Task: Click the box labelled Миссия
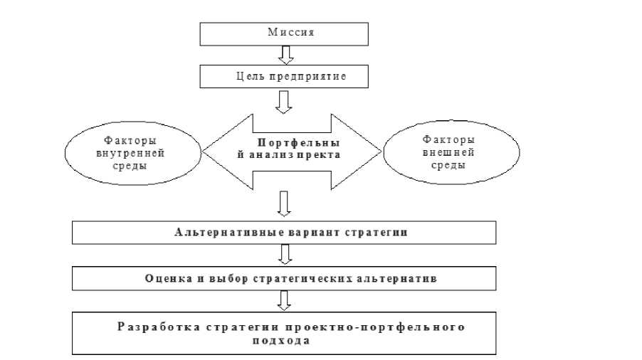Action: point(284,33)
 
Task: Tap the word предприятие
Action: point(307,76)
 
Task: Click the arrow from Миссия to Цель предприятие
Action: point(284,55)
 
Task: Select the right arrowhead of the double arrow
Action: point(367,150)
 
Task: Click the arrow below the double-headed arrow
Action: point(284,203)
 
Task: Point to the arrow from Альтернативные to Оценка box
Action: point(284,254)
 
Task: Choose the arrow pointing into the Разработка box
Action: point(284,300)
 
